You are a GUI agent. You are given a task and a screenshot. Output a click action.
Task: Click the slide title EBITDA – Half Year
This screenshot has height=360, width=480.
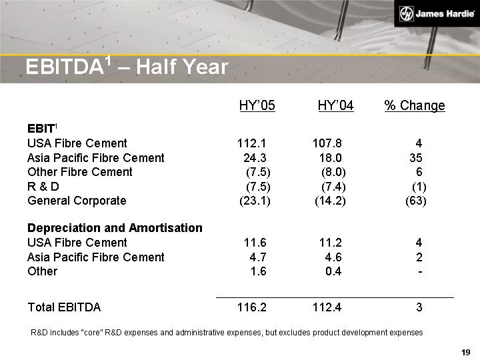tap(126, 66)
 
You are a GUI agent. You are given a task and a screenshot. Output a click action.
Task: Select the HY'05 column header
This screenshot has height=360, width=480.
tap(257, 106)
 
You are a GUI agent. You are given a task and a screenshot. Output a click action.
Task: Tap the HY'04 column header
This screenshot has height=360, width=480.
tap(335, 106)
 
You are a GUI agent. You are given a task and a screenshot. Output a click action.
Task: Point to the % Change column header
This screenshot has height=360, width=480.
tap(415, 106)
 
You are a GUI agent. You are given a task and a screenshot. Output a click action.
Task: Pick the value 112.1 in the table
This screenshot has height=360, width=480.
tap(252, 143)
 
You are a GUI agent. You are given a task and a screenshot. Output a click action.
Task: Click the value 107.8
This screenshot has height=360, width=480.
tap(327, 143)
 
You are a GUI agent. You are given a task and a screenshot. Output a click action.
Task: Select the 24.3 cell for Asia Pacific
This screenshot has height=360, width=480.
tap(255, 158)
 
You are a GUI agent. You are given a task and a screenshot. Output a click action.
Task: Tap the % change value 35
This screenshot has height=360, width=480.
tap(415, 158)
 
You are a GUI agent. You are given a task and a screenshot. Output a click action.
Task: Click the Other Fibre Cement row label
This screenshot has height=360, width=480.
tap(80, 172)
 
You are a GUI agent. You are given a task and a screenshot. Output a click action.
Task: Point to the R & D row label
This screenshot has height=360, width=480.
tap(43, 186)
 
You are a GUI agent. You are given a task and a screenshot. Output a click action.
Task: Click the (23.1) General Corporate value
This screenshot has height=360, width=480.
tap(255, 201)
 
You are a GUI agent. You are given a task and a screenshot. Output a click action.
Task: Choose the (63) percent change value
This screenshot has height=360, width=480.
tap(416, 201)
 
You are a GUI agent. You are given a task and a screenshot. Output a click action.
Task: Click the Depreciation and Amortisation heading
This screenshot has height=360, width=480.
tap(115, 228)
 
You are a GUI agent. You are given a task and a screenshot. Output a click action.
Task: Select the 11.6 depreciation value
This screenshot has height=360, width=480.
tap(255, 243)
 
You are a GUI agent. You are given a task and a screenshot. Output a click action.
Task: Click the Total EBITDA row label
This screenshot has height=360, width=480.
tap(64, 307)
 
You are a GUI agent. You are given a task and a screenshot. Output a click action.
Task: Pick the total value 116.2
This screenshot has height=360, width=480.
tap(252, 307)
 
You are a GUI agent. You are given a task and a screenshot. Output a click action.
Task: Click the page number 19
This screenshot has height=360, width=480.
tap(466, 352)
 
